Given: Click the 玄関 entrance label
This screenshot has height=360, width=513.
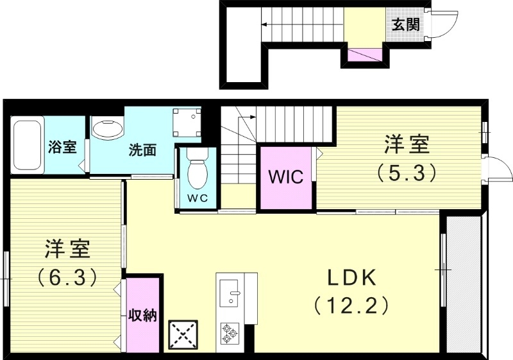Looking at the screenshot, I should pos(405,25).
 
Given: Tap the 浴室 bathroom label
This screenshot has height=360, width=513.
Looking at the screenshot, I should pos(62,147).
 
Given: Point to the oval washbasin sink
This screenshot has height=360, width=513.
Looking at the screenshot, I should pos(108,129).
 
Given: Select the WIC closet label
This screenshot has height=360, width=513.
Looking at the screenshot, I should pos(285,177).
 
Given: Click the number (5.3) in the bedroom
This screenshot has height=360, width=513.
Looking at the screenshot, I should pos(407,171).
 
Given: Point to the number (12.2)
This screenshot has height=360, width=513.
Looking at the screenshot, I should pos(351,305).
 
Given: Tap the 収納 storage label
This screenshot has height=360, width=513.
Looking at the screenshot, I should pos(142,316).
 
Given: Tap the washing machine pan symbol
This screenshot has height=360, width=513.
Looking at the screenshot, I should pos(187,121).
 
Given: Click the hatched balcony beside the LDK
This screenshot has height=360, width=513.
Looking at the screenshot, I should pos(464,282).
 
